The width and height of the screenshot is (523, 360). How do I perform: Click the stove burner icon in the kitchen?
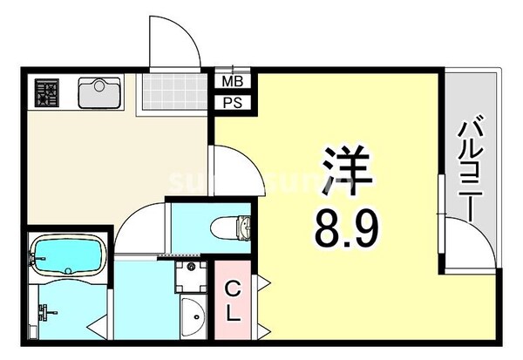(46, 92)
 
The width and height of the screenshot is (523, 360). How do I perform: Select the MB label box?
(233, 84)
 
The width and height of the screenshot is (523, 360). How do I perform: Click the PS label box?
(233, 103)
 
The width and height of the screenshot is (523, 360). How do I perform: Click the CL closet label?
(233, 301)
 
